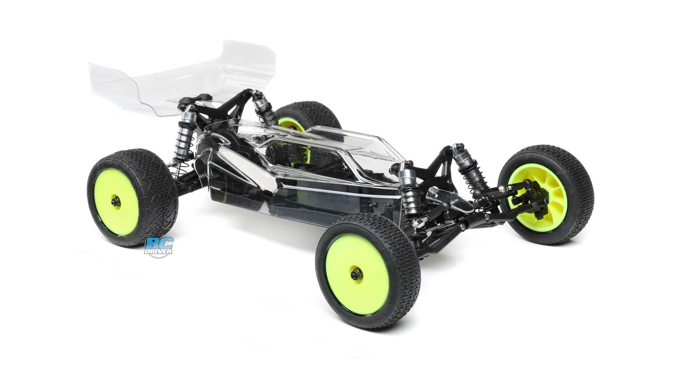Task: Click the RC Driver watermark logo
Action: click(x=159, y=247)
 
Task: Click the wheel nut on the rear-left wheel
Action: click(x=115, y=201)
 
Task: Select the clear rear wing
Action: click(x=183, y=79)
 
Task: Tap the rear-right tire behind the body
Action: click(x=309, y=114)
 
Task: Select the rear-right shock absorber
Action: click(x=263, y=107)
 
